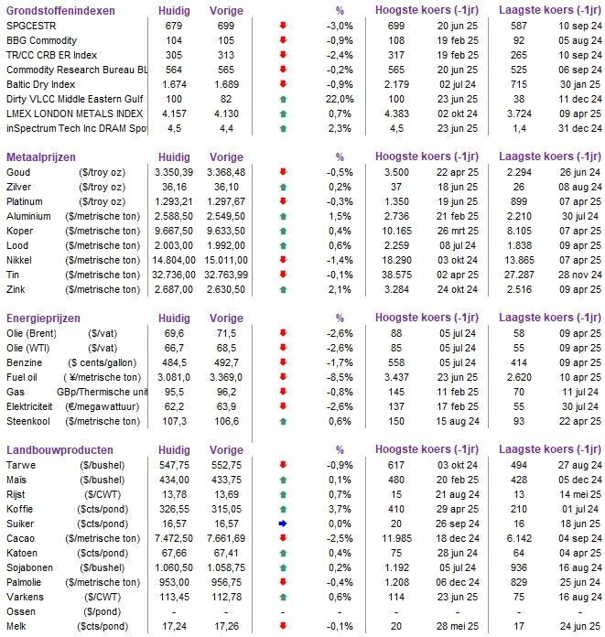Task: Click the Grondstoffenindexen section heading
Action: (60, 11)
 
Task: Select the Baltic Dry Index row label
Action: (40, 84)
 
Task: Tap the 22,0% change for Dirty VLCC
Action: (340, 99)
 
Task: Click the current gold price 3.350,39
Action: (174, 172)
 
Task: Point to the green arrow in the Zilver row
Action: (283, 188)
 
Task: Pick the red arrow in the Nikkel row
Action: (283, 260)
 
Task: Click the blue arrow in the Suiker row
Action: (283, 524)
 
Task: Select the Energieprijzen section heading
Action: (43, 318)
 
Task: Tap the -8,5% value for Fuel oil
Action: (340, 377)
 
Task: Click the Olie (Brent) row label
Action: (31, 333)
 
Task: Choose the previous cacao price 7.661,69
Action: (226, 539)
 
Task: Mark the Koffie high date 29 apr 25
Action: (458, 510)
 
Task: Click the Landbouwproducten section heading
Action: (59, 450)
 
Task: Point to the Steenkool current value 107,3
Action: (174, 421)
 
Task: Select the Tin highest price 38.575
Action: (396, 275)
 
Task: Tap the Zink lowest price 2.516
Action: (520, 289)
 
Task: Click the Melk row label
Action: (16, 626)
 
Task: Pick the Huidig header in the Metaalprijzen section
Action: (174, 157)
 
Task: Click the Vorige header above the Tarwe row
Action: (226, 450)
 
